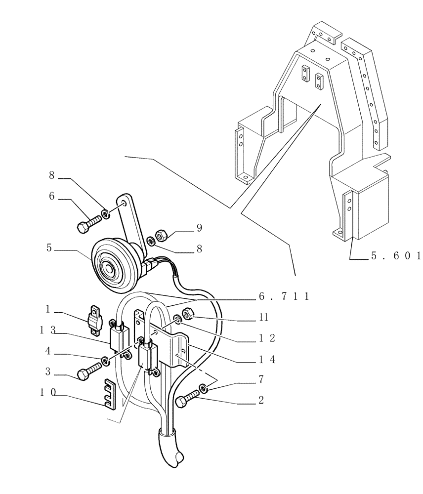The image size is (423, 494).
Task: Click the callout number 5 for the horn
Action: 49,248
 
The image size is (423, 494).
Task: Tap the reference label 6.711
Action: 283,296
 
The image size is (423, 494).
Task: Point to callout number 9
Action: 199,228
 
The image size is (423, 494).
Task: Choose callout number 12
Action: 266,339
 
